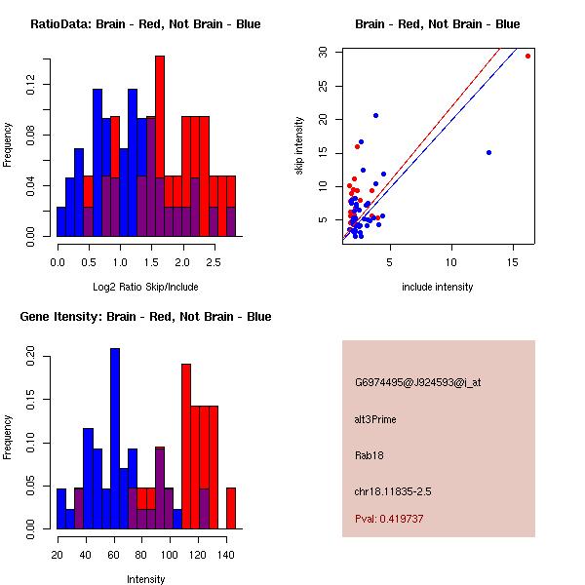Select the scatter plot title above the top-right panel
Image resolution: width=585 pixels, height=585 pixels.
[x=437, y=24]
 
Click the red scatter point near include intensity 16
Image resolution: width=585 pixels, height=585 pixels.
[x=527, y=57]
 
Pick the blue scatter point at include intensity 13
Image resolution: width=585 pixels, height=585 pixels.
[x=488, y=152]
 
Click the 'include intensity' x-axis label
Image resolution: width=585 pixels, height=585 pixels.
[x=437, y=287]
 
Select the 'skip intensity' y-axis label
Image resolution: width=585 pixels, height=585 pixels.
[x=299, y=146]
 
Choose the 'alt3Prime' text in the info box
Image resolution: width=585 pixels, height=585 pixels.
[x=375, y=419]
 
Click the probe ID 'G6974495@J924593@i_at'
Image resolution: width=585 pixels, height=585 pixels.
[x=417, y=382]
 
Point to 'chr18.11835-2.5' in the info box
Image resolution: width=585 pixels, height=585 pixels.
[x=393, y=491]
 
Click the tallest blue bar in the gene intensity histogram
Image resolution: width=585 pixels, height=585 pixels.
[x=115, y=439]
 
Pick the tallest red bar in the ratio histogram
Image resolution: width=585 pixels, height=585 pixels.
[x=160, y=146]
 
